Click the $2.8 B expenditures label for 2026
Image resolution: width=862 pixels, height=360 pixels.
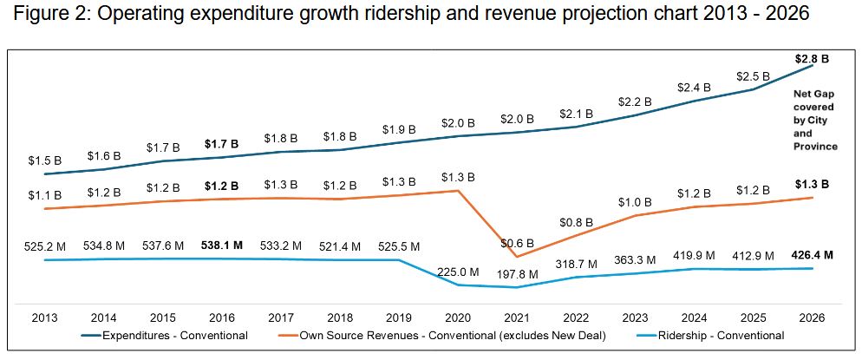[x=812, y=60]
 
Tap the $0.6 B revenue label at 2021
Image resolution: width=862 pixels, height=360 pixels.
[x=518, y=243]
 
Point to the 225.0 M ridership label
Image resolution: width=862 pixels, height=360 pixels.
[x=458, y=270]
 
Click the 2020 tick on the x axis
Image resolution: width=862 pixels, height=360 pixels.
[x=458, y=317]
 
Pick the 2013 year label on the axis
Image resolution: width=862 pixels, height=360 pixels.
[x=44, y=317]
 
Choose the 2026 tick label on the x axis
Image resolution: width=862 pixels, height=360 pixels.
[x=812, y=317]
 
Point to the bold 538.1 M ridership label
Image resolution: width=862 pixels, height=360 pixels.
[x=221, y=245]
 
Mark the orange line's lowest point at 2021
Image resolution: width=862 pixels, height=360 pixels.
[x=517, y=256]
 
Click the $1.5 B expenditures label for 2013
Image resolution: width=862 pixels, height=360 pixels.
[x=44, y=160]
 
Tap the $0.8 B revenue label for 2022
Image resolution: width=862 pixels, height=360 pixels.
[x=576, y=221]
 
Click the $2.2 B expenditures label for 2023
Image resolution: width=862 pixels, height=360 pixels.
[x=635, y=101]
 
